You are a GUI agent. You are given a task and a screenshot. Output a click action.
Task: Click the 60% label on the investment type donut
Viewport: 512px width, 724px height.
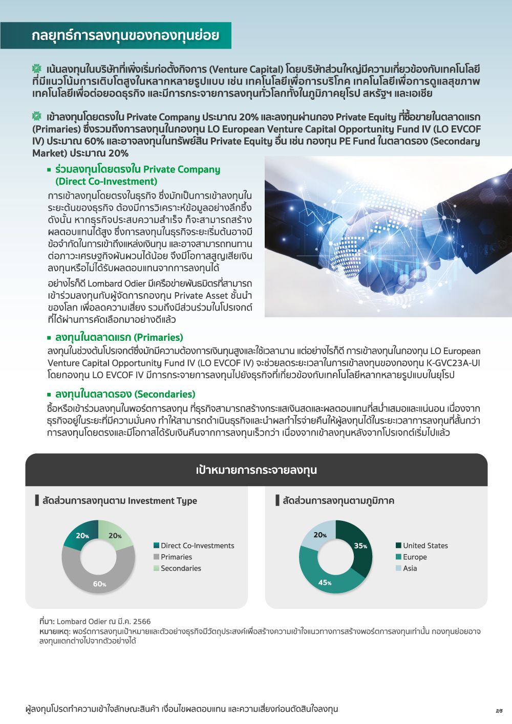click(x=99, y=584)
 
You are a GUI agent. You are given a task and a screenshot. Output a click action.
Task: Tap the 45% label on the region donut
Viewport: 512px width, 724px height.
click(x=325, y=582)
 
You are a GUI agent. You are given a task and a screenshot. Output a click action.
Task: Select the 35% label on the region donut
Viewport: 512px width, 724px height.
click(x=360, y=546)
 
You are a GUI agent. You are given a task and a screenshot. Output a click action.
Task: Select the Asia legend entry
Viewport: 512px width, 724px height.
click(x=410, y=568)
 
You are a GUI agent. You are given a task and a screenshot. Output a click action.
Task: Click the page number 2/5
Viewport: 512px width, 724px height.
click(x=499, y=711)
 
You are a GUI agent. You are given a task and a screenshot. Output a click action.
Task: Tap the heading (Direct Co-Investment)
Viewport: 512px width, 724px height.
click(x=106, y=182)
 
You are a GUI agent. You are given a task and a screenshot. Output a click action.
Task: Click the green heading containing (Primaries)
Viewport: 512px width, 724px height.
click(x=119, y=338)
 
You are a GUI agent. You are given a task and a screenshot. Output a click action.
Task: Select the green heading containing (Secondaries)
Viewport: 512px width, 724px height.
click(x=125, y=394)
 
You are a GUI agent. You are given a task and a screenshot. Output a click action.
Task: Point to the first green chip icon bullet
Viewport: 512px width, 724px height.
click(x=37, y=69)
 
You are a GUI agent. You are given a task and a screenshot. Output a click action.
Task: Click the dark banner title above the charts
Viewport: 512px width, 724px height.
click(x=256, y=470)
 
